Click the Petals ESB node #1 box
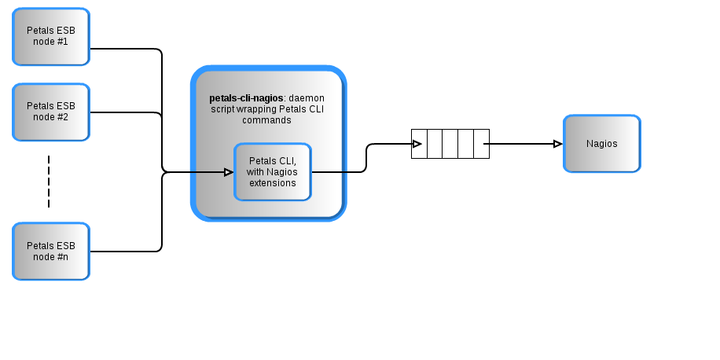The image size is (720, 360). (x=51, y=36)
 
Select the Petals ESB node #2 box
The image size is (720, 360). (x=51, y=112)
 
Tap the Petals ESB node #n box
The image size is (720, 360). (x=51, y=251)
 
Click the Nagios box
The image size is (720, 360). (x=601, y=144)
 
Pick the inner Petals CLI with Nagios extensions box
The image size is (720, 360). (x=273, y=172)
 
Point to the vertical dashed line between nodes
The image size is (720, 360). (x=49, y=182)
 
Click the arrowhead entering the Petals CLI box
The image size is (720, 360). (x=229, y=172)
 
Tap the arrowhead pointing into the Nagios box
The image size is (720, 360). (x=557, y=144)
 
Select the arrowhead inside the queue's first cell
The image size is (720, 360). (x=417, y=144)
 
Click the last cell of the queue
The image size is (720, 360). (x=481, y=144)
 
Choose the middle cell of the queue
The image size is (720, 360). (x=450, y=144)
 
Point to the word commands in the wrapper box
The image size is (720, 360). (x=266, y=121)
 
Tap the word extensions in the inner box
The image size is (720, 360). (x=273, y=183)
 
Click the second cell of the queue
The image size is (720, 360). (x=434, y=144)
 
